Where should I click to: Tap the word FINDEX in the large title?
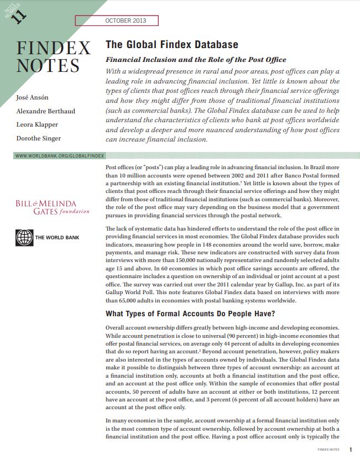click(x=53, y=48)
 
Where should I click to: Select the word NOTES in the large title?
click(x=48, y=66)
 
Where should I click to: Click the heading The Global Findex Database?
click(x=172, y=45)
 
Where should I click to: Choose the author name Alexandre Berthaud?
click(x=45, y=111)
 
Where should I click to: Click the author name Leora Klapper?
click(x=38, y=124)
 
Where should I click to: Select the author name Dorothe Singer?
click(x=38, y=138)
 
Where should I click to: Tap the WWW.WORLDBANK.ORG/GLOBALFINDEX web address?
click(x=60, y=156)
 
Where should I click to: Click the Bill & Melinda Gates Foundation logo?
click(x=53, y=207)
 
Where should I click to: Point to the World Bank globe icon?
click(x=24, y=238)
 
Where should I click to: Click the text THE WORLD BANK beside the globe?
click(x=57, y=238)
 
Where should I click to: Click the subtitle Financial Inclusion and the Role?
click(x=196, y=60)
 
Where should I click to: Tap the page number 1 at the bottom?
click(x=351, y=450)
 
